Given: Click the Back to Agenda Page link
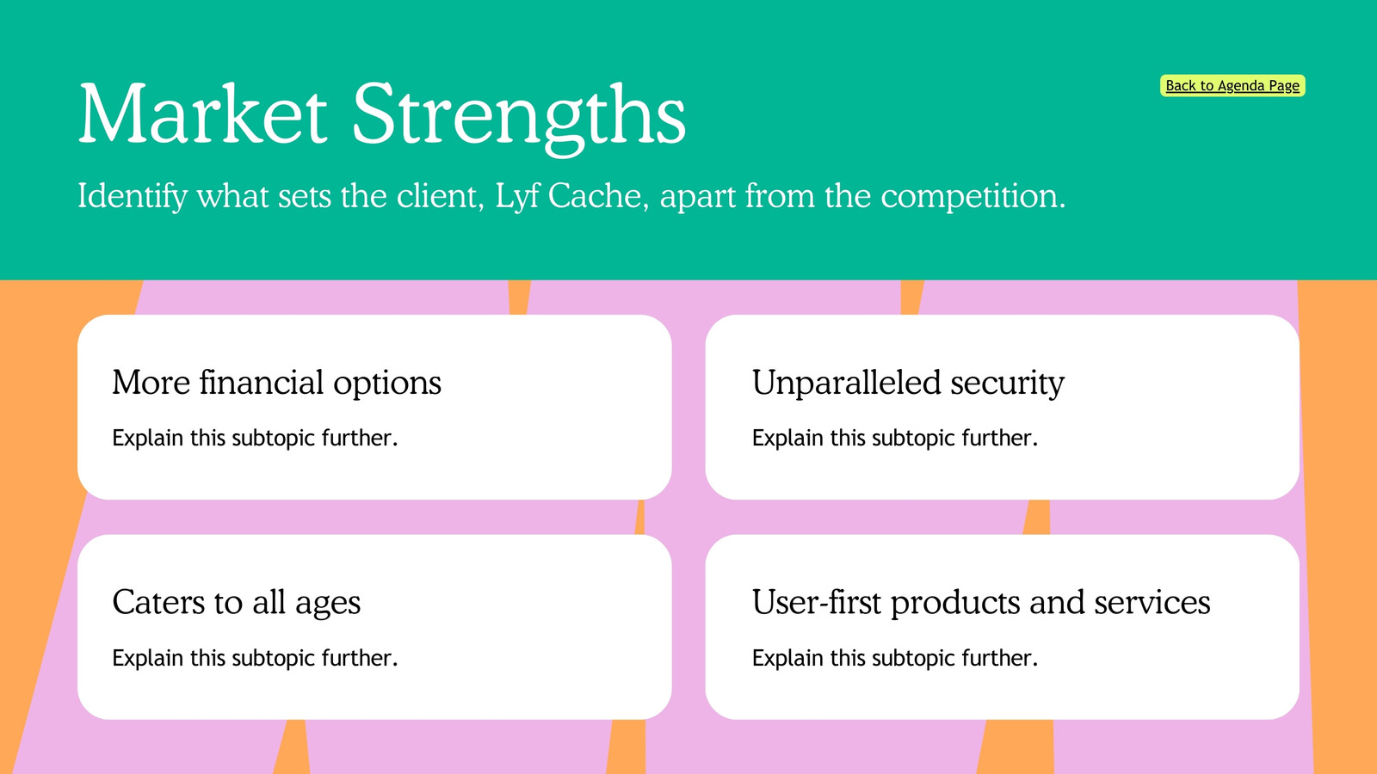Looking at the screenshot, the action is coord(1232,85).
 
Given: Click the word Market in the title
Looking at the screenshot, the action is coord(203,115).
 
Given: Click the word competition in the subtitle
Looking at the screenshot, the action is coord(973,197).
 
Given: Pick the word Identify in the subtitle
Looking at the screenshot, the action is coord(133,197).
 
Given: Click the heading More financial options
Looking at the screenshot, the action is coord(276,383).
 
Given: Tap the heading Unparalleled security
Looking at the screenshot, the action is coord(908,383).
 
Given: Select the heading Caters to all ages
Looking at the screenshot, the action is coord(237,602).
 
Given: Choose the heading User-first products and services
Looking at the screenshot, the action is coord(981,602).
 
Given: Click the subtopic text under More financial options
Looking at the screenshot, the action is coord(255,438).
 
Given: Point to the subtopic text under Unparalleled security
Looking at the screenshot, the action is coord(895,438).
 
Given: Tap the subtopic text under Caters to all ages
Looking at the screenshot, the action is coord(255,658).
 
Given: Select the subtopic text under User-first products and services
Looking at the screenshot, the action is coord(895,658).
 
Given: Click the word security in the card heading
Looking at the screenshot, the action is coord(1008,384).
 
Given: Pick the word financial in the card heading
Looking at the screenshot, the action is coord(262,382).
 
